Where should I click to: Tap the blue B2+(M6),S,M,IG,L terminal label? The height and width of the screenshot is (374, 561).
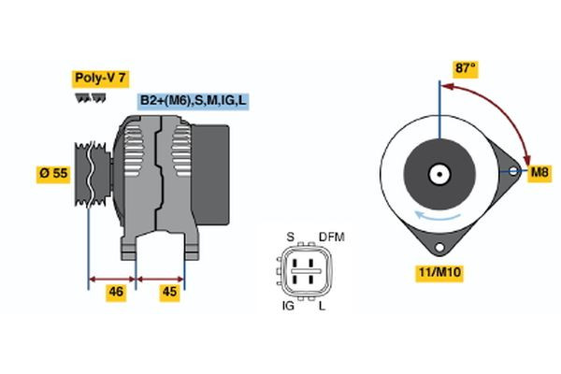point(194,100)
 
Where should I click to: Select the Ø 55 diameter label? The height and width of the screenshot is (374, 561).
point(54,175)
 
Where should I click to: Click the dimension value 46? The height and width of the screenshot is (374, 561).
point(116,293)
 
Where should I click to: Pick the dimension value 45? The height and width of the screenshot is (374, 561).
point(170,293)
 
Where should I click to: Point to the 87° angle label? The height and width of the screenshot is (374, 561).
point(465,68)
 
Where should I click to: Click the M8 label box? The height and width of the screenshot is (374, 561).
point(539,173)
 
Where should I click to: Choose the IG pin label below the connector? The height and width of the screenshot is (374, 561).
point(289,307)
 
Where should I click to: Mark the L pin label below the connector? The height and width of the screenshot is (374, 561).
point(324,307)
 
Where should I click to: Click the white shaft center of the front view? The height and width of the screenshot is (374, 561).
point(438,173)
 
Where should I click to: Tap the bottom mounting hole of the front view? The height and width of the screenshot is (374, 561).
point(438,246)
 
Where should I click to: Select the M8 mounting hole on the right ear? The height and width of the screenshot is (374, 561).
point(512,172)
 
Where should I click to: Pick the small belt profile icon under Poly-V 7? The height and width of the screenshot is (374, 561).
point(90,96)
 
